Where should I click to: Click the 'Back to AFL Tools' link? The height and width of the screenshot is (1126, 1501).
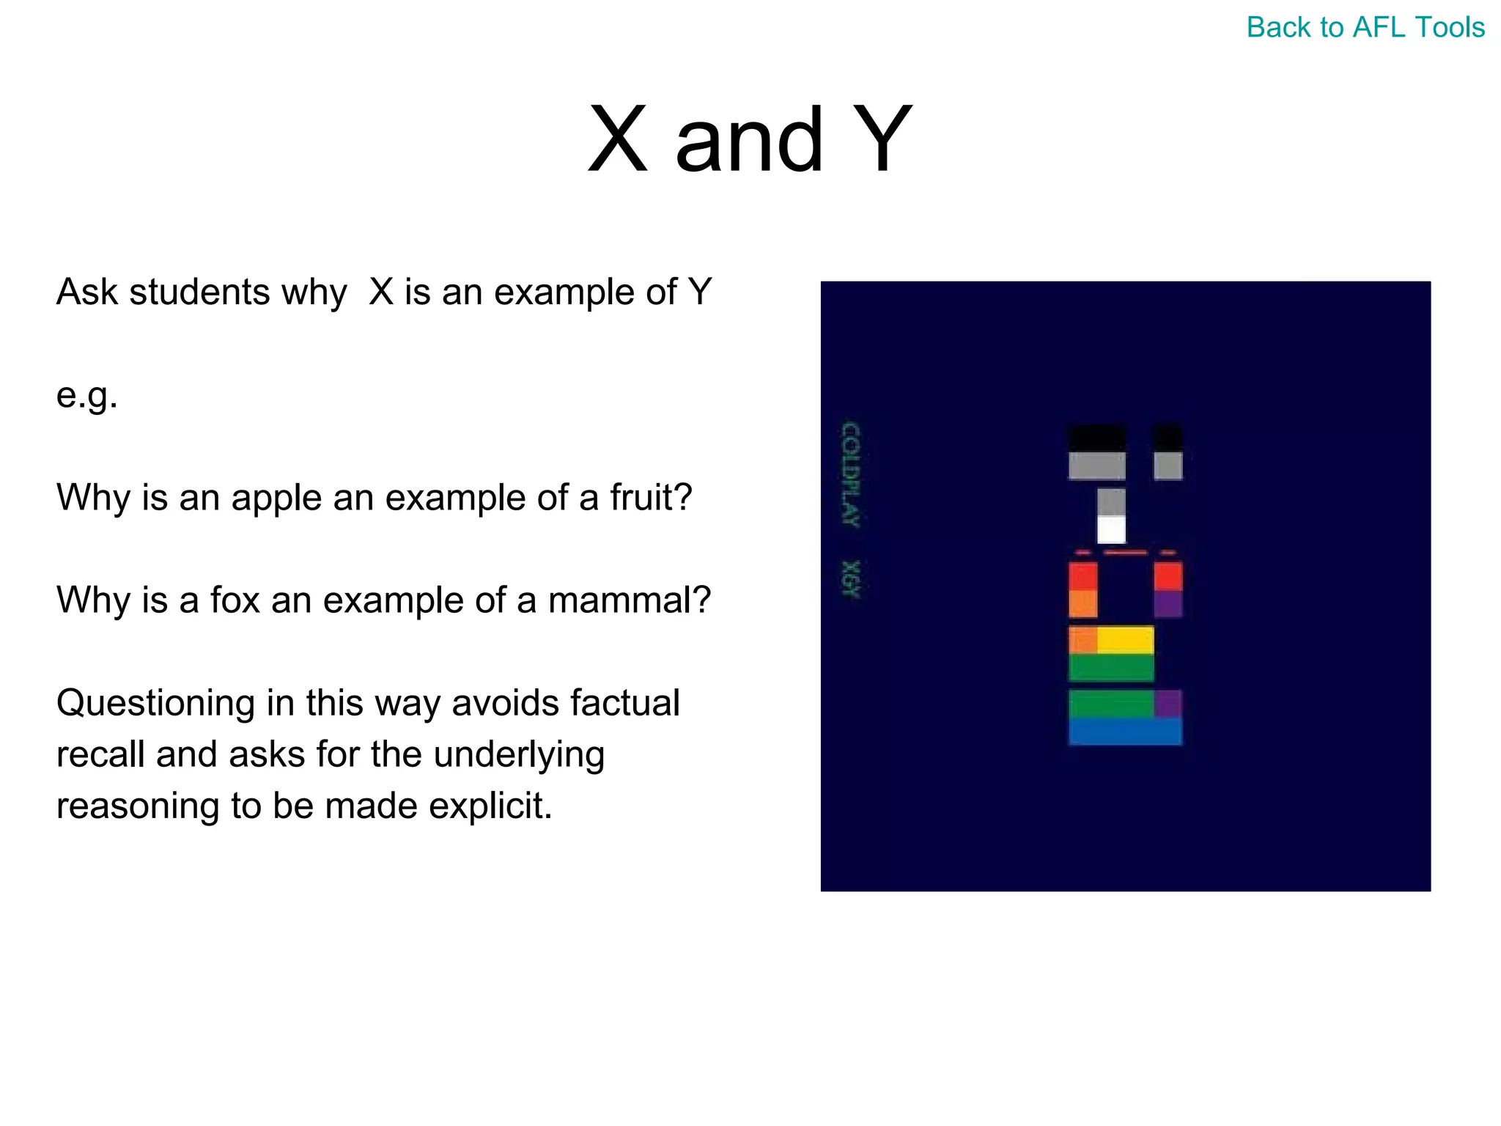1365,28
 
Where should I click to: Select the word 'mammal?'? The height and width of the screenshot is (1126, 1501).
630,600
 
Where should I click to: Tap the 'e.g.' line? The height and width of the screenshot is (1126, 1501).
86,397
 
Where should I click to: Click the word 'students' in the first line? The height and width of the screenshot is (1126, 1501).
199,292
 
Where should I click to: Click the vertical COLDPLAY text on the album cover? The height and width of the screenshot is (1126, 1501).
851,475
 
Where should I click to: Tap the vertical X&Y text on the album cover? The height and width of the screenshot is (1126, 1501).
851,579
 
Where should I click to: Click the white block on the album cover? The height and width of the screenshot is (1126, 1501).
1111,529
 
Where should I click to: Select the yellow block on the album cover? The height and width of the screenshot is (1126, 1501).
1125,640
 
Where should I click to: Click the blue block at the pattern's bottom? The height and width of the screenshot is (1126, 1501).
1125,731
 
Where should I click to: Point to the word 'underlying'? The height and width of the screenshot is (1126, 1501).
519,755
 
